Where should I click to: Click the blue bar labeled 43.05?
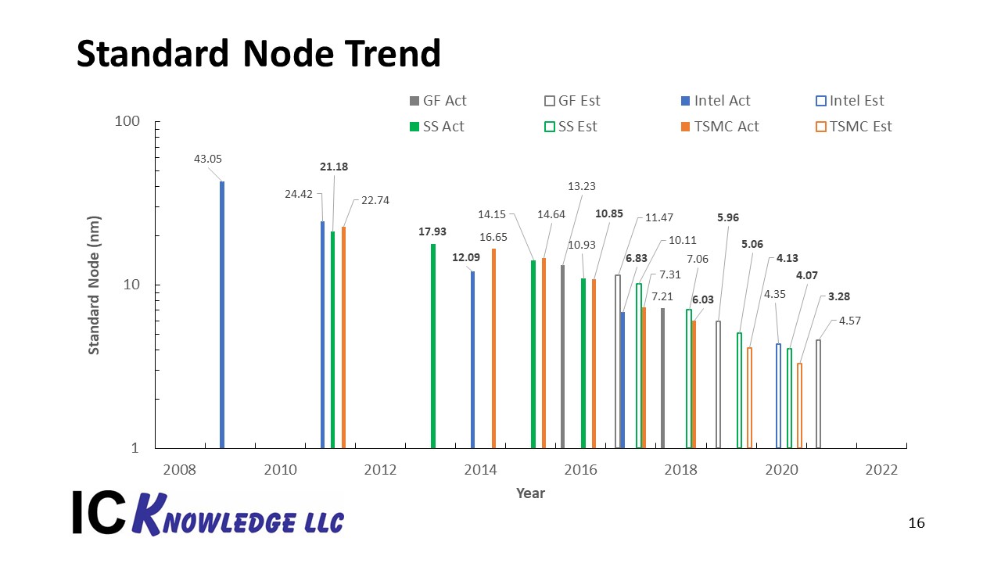(222, 314)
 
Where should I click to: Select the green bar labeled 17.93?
(433, 346)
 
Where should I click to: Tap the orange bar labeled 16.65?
(493, 348)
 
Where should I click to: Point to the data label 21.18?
(334, 167)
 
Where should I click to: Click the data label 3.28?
(839, 296)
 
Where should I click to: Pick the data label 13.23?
(581, 186)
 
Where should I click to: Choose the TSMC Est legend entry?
(853, 127)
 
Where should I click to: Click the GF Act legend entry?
(438, 101)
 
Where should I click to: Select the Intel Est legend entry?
(849, 101)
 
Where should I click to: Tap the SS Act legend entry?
(437, 127)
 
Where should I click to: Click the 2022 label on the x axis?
(881, 470)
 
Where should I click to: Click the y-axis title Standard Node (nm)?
(94, 285)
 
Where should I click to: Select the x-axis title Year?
(530, 493)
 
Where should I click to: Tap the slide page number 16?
(917, 523)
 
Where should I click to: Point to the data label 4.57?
(849, 321)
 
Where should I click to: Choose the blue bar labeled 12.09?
(473, 360)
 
